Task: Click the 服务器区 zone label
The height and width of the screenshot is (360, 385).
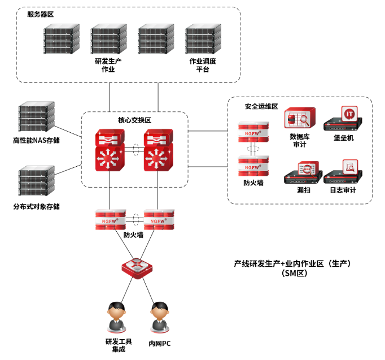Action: click(x=40, y=14)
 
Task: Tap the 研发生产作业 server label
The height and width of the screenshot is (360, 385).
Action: click(x=108, y=65)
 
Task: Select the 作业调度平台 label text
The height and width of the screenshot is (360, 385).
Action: click(x=203, y=65)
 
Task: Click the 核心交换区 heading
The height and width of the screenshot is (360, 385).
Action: click(x=134, y=120)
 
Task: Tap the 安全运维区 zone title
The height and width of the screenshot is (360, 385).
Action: click(x=261, y=106)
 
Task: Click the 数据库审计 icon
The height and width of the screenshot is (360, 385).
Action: click(x=297, y=119)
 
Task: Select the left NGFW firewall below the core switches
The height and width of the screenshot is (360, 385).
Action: click(x=111, y=219)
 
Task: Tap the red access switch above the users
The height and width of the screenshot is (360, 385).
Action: click(x=137, y=267)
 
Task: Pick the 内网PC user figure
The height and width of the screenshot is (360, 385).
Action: click(x=160, y=317)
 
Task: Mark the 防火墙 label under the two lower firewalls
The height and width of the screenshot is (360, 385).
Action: click(x=133, y=235)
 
